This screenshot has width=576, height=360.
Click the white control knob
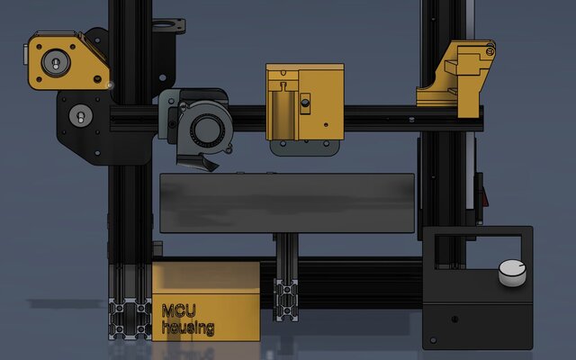click(x=512, y=273)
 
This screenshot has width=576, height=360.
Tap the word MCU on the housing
click(x=179, y=310)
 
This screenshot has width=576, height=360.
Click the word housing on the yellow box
click(x=188, y=328)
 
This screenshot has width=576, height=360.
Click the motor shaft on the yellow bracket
click(x=56, y=63)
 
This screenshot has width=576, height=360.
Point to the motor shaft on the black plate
click(x=81, y=116)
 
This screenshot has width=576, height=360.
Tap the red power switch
click(x=485, y=197)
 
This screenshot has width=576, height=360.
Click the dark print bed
click(x=287, y=202)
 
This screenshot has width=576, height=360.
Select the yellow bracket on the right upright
click(x=456, y=78)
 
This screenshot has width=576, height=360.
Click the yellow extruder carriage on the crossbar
click(x=305, y=102)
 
